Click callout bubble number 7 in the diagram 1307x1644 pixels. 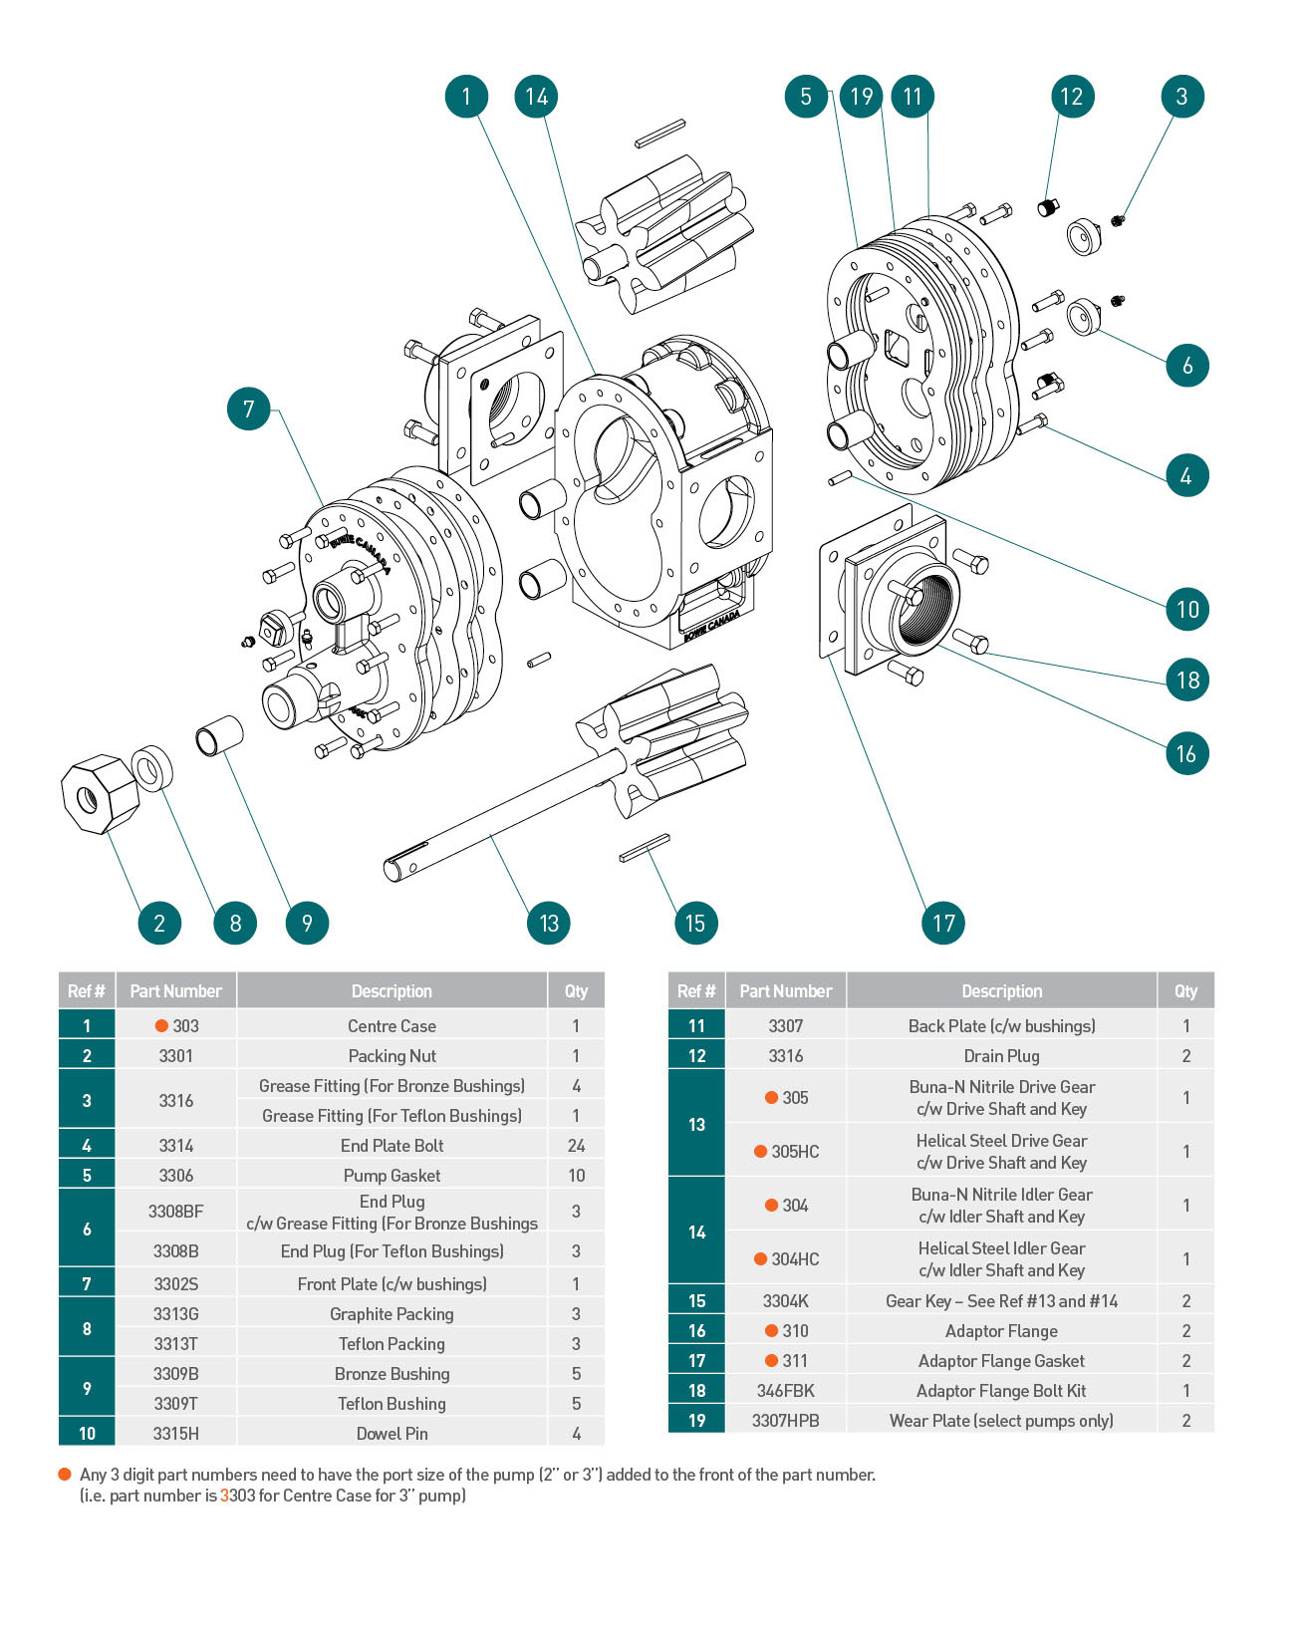[249, 409]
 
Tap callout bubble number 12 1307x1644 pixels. [1072, 97]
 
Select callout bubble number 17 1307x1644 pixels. [943, 923]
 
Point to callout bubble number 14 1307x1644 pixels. [537, 97]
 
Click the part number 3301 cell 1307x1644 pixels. [176, 1055]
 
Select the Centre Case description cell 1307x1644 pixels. [392, 1025]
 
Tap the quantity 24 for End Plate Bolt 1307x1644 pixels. [576, 1145]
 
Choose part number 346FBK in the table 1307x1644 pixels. [785, 1390]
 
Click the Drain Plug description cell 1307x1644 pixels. [1001, 1055]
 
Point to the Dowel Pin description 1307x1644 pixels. [392, 1433]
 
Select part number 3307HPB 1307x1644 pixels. [785, 1420]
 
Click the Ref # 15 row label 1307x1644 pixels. [696, 1300]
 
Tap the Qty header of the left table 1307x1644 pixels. [576, 990]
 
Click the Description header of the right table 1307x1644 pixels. [1001, 990]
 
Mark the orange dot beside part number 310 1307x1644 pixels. [771, 1330]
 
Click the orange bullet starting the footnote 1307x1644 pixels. [65, 1474]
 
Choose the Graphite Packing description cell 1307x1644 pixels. [392, 1313]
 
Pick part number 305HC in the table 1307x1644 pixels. [794, 1151]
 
